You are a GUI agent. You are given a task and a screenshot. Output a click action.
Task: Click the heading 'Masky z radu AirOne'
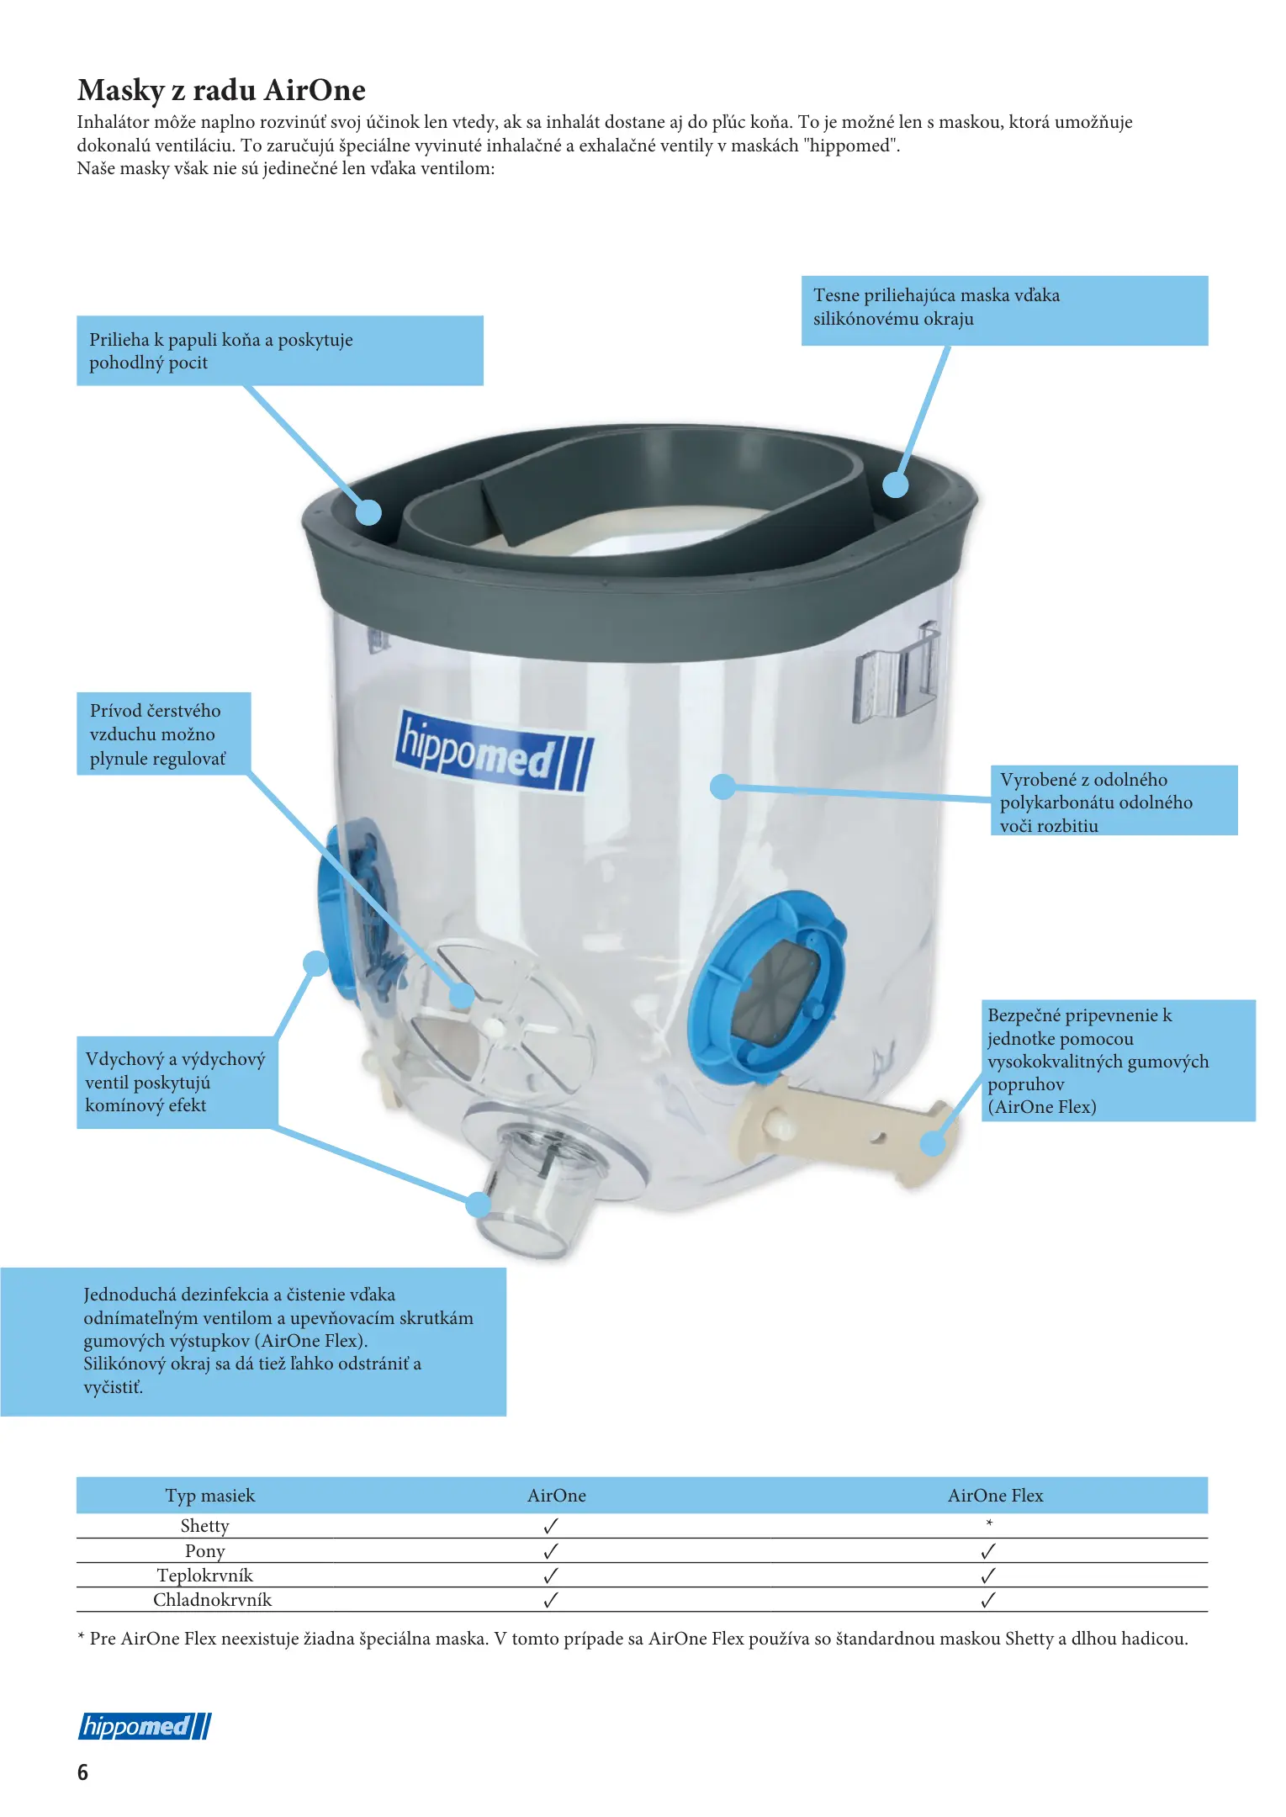coord(221,90)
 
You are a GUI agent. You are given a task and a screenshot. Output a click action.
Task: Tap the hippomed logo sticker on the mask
coord(495,752)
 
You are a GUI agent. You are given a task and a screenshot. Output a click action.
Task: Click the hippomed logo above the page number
coord(145,1726)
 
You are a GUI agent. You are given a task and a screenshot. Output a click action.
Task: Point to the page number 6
coord(82,1772)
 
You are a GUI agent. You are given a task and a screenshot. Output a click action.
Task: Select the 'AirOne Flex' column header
coord(995,1495)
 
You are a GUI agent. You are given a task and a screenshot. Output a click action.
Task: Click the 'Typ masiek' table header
coord(209,1495)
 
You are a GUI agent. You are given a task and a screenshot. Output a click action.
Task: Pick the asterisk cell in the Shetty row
coord(989,1523)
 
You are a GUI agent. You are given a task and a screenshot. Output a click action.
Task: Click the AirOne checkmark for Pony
coord(551,1550)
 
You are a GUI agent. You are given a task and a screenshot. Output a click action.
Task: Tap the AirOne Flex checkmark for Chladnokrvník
coord(988,1600)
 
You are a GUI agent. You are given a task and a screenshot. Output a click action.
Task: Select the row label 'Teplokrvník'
coord(204,1575)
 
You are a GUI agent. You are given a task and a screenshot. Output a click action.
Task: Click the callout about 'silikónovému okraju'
coord(1004,310)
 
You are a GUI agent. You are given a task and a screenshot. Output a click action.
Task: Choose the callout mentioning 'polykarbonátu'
coord(1114,800)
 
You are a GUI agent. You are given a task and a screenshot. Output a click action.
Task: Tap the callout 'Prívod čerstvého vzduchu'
coord(164,734)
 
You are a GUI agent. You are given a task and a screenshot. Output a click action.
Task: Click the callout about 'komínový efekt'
coord(177,1082)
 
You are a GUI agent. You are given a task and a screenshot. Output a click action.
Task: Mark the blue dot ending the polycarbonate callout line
coord(722,787)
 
